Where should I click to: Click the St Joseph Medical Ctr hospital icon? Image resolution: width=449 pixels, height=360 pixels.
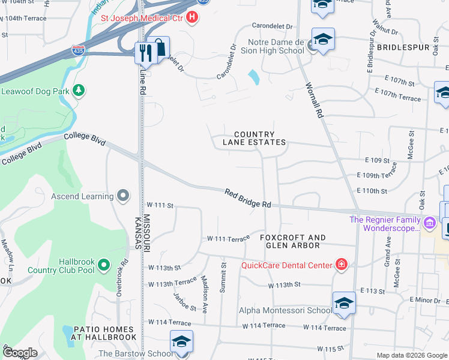[x=192, y=17]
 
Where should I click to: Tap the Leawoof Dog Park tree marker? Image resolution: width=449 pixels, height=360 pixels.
[x=78, y=91]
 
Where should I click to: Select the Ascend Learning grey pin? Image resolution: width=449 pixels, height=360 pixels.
[x=123, y=196]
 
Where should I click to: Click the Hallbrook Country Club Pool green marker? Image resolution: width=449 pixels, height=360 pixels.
[x=104, y=264]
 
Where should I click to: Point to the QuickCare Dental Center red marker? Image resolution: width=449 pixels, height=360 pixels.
[x=341, y=265]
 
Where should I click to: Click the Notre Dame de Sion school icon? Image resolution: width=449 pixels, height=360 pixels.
[x=322, y=40]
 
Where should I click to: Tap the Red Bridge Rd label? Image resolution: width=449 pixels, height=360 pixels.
[x=249, y=198]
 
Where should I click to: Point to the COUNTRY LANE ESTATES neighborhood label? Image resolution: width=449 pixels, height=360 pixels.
[x=254, y=139]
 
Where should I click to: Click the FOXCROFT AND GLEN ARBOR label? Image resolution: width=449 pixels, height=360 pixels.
[x=293, y=242]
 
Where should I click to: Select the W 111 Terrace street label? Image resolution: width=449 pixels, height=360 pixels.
[x=228, y=239]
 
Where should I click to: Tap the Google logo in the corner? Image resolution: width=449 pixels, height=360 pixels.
[x=20, y=352]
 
